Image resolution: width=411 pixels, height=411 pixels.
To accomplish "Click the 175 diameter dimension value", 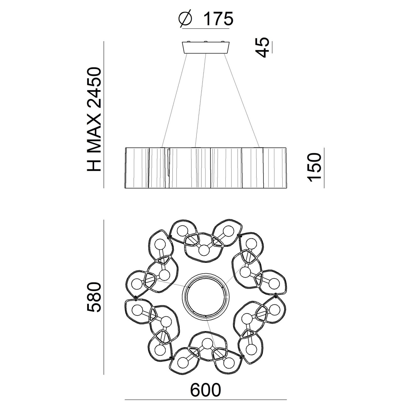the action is point(218,18).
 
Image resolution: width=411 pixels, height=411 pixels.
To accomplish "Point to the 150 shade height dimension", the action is point(314,167).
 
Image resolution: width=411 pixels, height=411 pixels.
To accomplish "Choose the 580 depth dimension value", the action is point(94,297).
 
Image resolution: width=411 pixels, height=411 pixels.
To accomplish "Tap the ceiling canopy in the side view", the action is point(206,48).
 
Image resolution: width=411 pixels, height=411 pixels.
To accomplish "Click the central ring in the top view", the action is point(206,296).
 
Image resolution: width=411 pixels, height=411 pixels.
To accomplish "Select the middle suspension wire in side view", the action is point(201,100).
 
